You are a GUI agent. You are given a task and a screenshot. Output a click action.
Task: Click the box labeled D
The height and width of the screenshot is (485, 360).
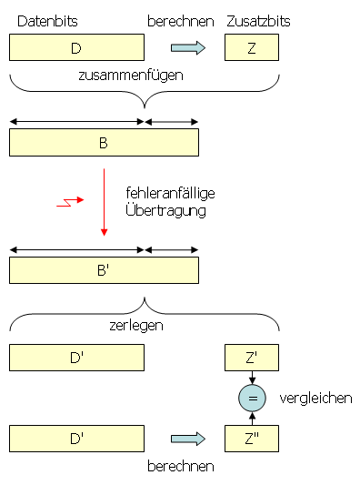point(76,47)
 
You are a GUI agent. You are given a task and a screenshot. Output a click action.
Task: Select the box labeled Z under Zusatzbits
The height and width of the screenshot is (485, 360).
point(252,47)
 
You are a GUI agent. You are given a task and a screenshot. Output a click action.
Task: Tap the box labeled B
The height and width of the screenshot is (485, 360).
point(104,143)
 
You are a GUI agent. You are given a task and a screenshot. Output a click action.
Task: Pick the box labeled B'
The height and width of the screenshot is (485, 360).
point(104,270)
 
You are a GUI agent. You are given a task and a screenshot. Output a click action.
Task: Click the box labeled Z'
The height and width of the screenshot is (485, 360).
point(252,358)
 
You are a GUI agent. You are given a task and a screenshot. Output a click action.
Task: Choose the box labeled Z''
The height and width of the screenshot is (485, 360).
point(252,440)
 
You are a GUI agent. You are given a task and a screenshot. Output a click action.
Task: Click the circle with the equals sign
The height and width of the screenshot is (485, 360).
point(252,399)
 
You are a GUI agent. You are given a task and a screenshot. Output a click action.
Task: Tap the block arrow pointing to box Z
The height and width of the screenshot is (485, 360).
point(188,47)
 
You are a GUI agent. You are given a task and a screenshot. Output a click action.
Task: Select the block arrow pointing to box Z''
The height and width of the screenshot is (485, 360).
point(188,440)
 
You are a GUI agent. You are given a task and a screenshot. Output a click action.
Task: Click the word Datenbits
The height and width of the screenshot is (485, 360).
point(47,20)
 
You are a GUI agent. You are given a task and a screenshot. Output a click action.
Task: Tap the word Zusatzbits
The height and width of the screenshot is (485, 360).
point(252,20)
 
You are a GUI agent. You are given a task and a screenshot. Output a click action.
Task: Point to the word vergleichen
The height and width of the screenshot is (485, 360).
point(315,399)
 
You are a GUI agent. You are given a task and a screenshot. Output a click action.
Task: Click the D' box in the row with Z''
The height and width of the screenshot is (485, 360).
point(76,440)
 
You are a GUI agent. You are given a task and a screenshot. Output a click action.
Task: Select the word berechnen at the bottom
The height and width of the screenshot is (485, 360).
point(181,467)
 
